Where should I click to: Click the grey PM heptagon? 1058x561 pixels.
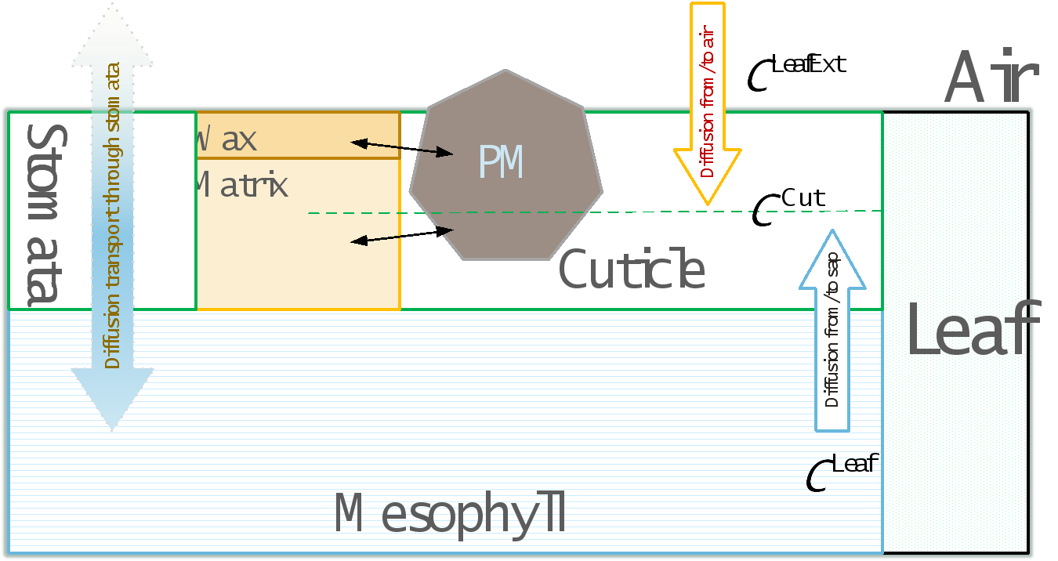[505, 168]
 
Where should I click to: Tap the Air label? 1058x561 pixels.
[991, 78]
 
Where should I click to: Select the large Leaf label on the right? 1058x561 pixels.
[972, 329]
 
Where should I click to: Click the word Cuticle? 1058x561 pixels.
[632, 270]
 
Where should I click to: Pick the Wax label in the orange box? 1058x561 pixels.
[227, 139]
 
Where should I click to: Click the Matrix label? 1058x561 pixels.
[241, 186]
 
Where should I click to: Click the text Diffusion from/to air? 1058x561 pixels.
[708, 102]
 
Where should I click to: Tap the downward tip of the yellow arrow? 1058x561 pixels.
[708, 202]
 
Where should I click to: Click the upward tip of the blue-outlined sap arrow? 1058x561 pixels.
[832, 233]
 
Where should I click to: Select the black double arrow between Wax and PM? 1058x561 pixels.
[402, 147]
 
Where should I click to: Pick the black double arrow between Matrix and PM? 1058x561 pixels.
[402, 236]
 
